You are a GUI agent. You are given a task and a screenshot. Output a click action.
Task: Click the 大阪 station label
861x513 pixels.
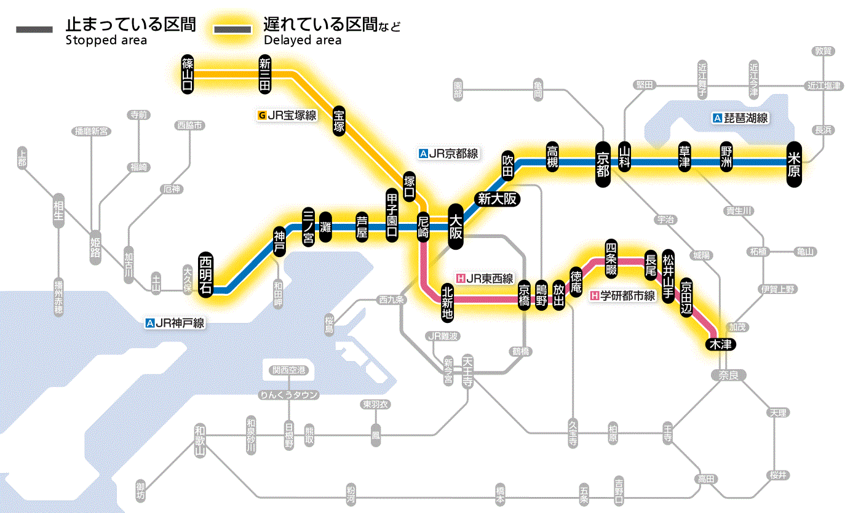tap(456, 226)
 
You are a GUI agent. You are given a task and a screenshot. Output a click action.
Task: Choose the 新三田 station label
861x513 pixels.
tap(265, 74)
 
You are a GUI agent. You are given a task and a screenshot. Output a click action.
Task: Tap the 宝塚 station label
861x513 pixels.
tap(339, 120)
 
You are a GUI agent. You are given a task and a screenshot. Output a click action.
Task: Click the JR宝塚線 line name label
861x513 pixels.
tap(288, 115)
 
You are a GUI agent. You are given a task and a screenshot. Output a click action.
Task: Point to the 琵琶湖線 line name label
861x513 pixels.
tap(740, 118)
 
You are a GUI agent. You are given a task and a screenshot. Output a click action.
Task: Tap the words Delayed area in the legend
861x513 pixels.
tap(303, 41)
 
